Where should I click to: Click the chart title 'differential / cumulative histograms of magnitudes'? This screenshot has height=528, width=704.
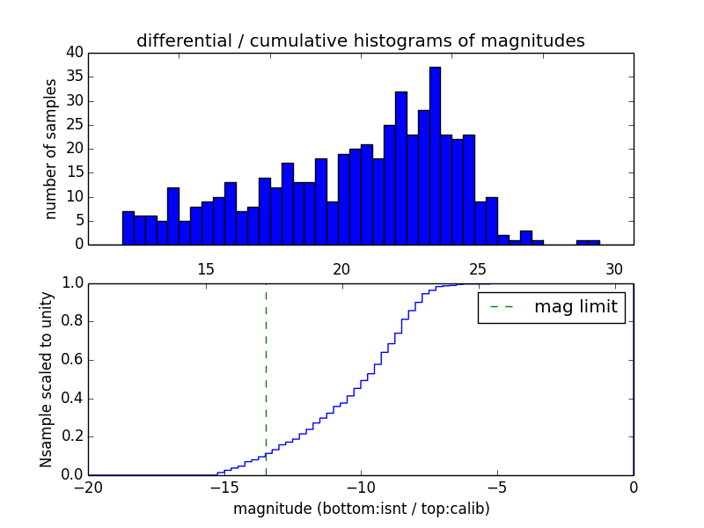coord(360,41)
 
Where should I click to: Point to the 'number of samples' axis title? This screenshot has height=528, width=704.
coord(51,149)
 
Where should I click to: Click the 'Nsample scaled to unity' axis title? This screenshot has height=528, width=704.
coord(46,378)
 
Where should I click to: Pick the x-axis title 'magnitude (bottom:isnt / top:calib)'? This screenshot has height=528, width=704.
coord(361,509)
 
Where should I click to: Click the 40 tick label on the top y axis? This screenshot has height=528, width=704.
coord(74,53)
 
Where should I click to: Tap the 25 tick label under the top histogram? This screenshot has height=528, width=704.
coord(478,269)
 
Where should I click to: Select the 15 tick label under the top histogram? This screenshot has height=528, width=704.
coord(205,269)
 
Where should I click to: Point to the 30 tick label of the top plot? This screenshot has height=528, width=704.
coord(613,269)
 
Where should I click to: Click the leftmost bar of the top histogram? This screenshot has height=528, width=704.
coord(128,228)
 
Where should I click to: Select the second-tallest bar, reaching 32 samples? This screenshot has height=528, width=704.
coord(400,168)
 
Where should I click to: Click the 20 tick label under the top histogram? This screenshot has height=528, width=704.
coord(341,269)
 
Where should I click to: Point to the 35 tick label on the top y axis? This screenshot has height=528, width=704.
coord(74,77)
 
